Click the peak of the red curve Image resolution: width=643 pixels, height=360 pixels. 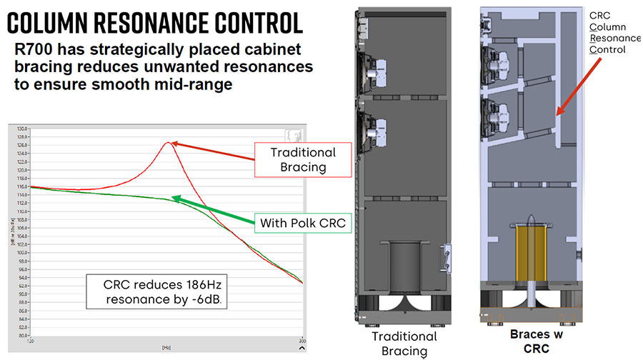(x=168, y=143)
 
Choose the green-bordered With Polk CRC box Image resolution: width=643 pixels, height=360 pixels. (x=303, y=222)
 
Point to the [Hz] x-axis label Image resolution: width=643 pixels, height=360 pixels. (x=165, y=346)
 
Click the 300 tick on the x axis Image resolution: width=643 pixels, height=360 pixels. (x=301, y=341)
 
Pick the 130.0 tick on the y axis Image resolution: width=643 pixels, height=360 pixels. (x=21, y=129)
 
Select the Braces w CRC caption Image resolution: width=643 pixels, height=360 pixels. (x=530, y=339)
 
